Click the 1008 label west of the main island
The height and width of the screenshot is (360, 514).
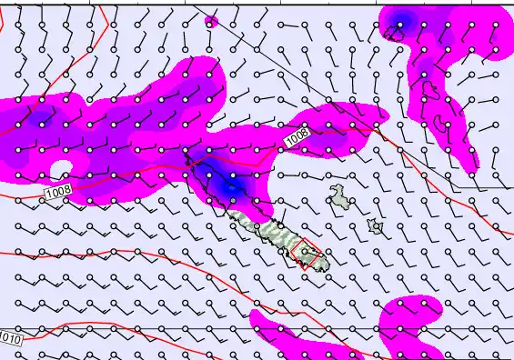(57, 192)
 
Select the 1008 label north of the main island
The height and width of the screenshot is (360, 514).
(297, 137)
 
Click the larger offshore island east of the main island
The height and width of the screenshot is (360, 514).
(339, 194)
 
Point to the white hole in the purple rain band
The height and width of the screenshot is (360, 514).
(61, 169)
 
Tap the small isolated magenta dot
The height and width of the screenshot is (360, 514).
(212, 21)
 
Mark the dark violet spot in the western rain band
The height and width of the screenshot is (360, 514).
(38, 117)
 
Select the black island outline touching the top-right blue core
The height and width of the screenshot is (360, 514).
(393, 34)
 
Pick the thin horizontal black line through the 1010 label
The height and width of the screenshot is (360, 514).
(182, 328)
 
